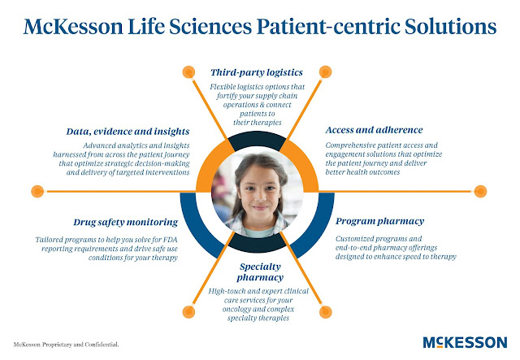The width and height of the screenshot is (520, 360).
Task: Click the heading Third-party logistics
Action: [x=259, y=72]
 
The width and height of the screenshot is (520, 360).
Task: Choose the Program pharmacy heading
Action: [x=380, y=220]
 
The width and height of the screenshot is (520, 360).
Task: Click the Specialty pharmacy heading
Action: [x=259, y=271]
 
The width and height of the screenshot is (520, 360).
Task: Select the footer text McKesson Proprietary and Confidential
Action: [x=66, y=344]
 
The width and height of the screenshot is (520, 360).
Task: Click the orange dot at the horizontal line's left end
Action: [x=37, y=192]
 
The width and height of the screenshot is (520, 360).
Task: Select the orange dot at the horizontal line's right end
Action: [x=482, y=192]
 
